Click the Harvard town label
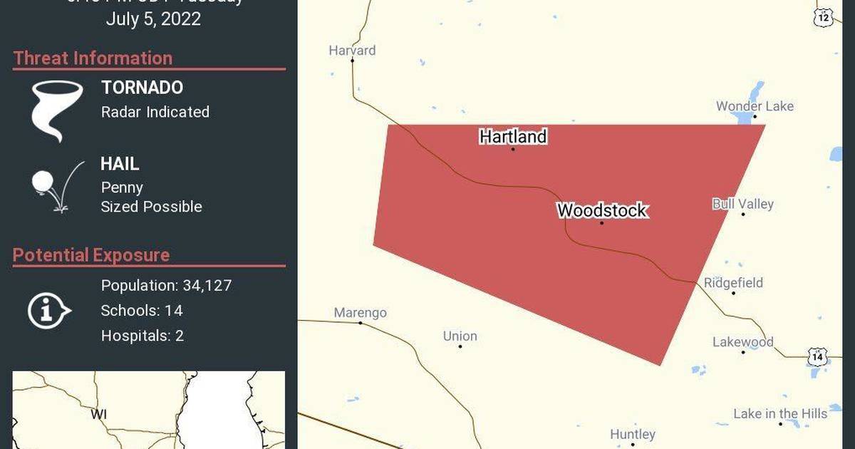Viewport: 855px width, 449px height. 352,51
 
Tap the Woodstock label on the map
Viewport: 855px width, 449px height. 602,210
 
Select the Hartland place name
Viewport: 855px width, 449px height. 513,136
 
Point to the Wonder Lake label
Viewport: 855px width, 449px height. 755,106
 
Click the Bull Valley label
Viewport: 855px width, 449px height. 742,204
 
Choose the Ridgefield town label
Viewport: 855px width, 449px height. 733,283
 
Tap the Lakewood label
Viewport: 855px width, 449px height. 742,342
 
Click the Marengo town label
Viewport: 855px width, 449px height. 361,313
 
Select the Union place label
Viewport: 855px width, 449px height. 460,336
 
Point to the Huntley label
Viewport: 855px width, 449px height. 633,434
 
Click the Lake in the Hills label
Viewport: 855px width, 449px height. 780,413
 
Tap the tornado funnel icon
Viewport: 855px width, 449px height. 56,110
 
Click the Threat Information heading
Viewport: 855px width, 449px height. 93,58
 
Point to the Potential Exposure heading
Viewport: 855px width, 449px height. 91,255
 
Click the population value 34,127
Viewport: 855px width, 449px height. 206,286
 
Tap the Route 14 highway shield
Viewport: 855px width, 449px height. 817,355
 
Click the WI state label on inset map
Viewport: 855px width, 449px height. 98,413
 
